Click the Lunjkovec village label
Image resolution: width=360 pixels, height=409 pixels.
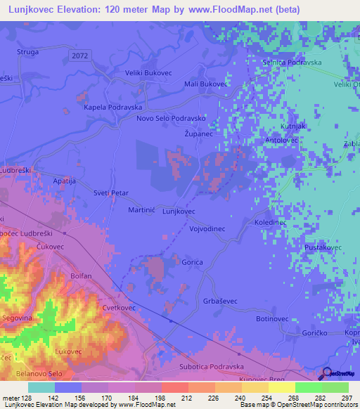pyautogui.click(x=179, y=211)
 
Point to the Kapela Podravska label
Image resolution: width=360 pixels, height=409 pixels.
pyautogui.click(x=112, y=107)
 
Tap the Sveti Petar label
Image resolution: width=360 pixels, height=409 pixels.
pyautogui.click(x=111, y=192)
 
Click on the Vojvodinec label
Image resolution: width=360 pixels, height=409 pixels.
pyautogui.click(x=207, y=229)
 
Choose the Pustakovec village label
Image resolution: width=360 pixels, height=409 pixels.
pyautogui.click(x=323, y=248)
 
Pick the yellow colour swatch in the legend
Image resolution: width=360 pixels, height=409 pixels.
pyautogui.click(x=281, y=387)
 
